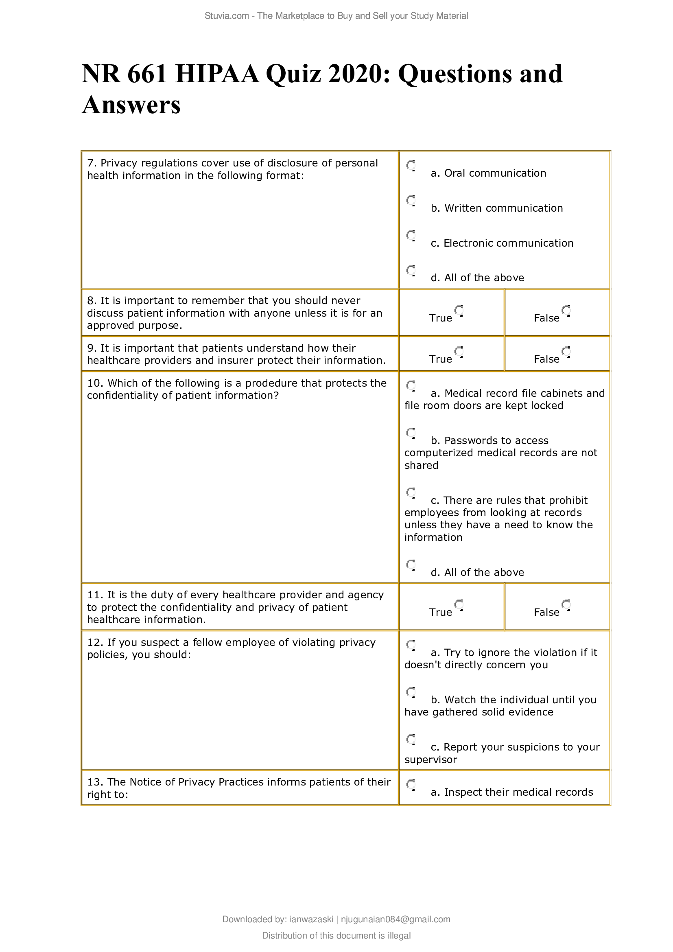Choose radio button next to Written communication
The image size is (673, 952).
pyautogui.click(x=411, y=201)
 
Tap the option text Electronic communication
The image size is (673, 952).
pyautogui.click(x=508, y=243)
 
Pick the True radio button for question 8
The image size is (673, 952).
pyautogui.click(x=458, y=311)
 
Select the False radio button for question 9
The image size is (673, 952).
pyautogui.click(x=566, y=352)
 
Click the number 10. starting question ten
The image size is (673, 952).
pyautogui.click(x=95, y=383)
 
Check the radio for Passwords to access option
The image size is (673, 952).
pyautogui.click(x=411, y=433)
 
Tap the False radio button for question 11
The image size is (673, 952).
pyautogui.click(x=566, y=604)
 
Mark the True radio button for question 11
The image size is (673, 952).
pyautogui.click(x=458, y=604)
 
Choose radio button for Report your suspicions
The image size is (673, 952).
pyautogui.click(x=411, y=739)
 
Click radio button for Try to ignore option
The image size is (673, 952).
pyautogui.click(x=411, y=645)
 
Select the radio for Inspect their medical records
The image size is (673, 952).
pyautogui.click(x=411, y=784)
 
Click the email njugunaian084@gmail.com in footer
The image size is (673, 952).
pyautogui.click(x=395, y=919)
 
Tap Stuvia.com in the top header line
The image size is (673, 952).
pyautogui.click(x=226, y=16)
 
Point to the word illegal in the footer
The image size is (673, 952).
pyautogui.click(x=399, y=935)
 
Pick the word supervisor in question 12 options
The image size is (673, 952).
pyautogui.click(x=430, y=759)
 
